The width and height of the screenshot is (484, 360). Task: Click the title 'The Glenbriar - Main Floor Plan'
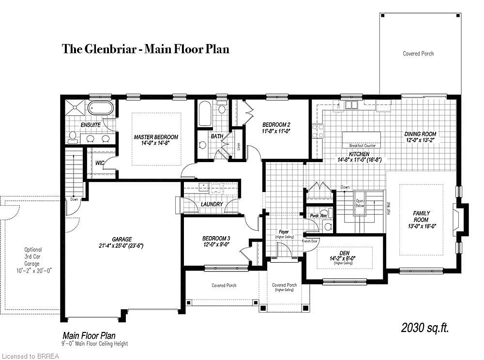tap(145, 49)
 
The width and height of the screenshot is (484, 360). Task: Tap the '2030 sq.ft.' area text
tap(425, 328)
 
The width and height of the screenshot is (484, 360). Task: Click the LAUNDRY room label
tap(212, 204)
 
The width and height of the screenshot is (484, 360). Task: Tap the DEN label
tap(344, 255)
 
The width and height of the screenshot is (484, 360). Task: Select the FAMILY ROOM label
tap(421, 216)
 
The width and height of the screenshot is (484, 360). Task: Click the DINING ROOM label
tap(420, 137)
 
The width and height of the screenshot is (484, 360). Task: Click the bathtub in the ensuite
tap(101, 107)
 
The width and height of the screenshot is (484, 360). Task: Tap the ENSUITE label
tap(91, 125)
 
